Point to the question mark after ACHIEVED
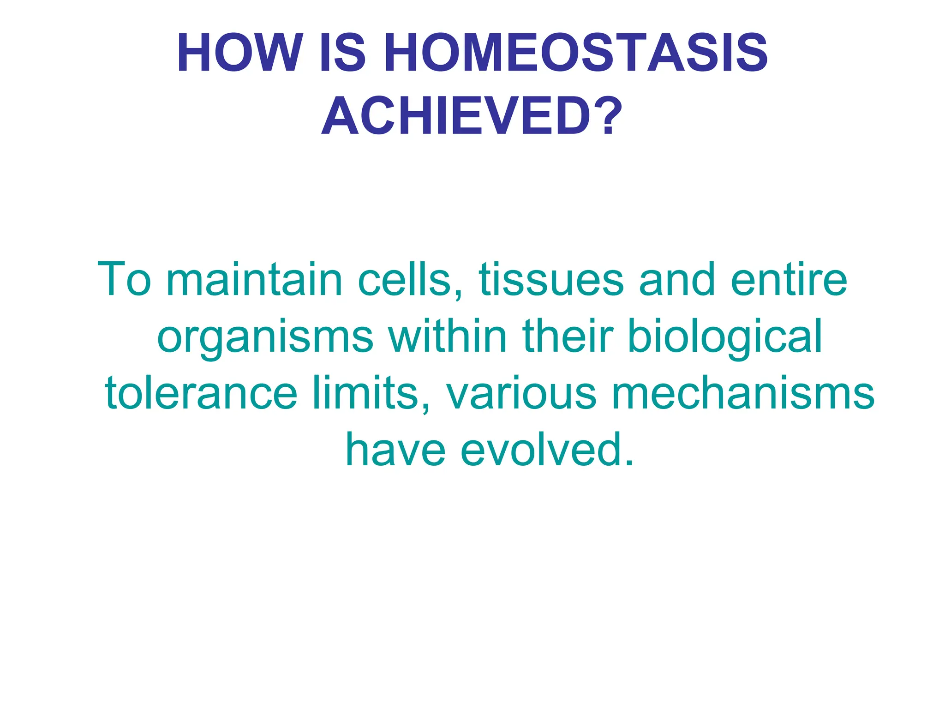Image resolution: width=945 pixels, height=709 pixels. (608, 116)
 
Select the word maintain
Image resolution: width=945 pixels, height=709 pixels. (254, 279)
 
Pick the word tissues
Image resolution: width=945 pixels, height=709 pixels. (551, 279)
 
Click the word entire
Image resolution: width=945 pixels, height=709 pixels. (789, 279)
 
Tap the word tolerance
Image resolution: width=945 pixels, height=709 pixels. (201, 393)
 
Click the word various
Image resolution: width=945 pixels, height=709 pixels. (521, 393)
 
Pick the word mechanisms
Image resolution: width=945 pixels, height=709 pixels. (742, 393)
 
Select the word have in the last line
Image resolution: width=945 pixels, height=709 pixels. (395, 450)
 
